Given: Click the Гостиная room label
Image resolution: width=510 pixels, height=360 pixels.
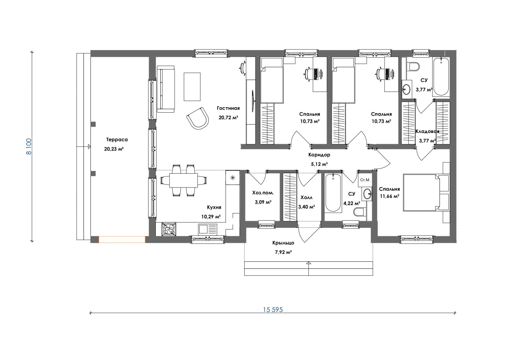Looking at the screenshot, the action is point(228,108).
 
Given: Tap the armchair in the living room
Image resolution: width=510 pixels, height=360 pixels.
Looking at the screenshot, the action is point(198,118).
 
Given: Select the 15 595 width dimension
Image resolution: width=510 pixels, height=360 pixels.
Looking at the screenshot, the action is point(273,310).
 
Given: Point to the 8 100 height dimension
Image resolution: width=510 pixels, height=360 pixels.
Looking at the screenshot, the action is point(29,147).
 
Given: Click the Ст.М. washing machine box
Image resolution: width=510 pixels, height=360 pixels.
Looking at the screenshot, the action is point(365,180).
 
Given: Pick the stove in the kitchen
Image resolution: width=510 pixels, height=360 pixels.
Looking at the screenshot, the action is point(169,229).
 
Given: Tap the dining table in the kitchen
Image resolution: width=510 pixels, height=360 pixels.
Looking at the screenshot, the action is point(184,180).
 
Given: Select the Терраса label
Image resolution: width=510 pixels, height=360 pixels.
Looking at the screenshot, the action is point(117,139).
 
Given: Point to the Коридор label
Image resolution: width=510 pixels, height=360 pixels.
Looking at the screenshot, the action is point(319,155).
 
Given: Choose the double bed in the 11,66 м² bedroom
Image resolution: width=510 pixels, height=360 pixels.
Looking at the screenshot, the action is point(421,192).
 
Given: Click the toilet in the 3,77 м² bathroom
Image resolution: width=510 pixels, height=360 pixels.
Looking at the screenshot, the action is point(413,67).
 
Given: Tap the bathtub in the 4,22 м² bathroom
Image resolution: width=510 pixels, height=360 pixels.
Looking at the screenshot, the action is point(333,193).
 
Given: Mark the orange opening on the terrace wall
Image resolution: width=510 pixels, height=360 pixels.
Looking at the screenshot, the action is point(122,240).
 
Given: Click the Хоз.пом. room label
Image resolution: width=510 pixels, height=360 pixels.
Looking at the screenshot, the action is point(263,193).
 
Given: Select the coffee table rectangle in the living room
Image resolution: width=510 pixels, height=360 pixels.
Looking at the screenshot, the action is point(192,87).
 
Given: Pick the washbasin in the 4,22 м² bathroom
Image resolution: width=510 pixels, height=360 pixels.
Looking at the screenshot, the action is point(367,194).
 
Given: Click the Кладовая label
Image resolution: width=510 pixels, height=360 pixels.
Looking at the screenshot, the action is point(428,131).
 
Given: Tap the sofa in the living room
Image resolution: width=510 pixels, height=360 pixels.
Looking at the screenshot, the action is point(166,89).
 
